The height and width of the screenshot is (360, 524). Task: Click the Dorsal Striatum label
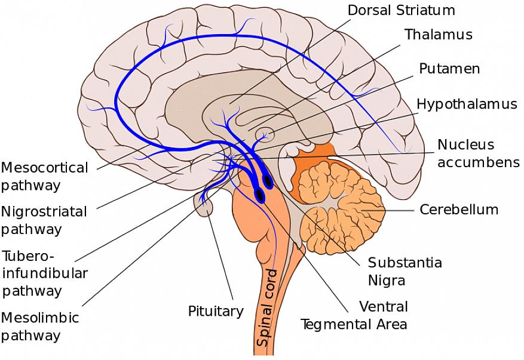point(401,10)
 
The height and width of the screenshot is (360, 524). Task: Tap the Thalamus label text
point(438,35)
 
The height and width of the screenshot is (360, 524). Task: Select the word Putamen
point(449,69)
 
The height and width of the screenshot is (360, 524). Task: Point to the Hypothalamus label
point(467,104)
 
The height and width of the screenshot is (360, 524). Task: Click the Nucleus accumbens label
point(477,153)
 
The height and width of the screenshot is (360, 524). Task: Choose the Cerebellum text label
point(458,210)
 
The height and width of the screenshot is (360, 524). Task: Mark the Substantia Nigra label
point(405,271)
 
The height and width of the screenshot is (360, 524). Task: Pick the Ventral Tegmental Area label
point(354,315)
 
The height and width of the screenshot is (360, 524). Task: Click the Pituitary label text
point(216,311)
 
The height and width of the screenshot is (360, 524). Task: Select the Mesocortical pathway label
point(44,176)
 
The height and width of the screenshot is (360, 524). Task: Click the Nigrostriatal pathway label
point(44,220)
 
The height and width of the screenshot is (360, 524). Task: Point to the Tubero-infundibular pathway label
point(45,273)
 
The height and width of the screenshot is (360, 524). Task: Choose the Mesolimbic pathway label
point(39,326)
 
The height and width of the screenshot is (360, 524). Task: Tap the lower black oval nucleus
point(260,195)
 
